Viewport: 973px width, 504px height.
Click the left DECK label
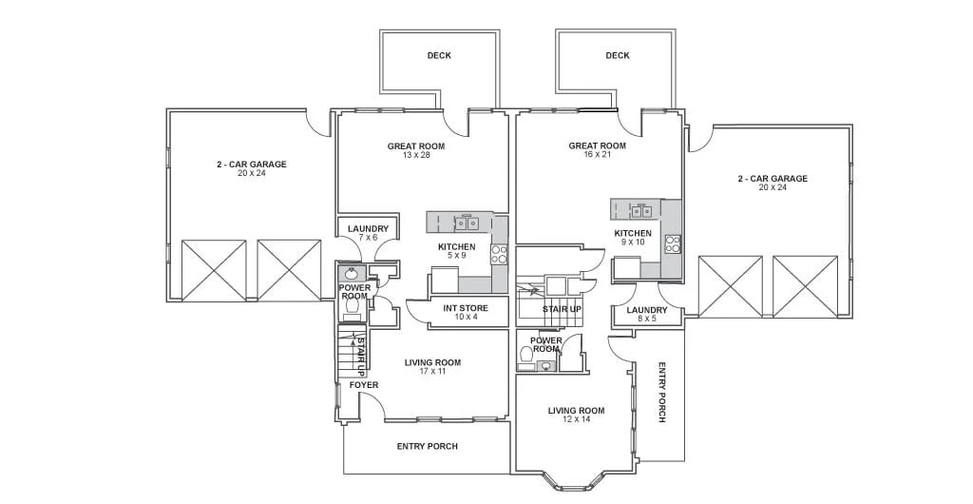pyautogui.click(x=439, y=55)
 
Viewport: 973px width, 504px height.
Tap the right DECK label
pyautogui.click(x=618, y=55)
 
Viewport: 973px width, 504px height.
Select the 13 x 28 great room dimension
pyautogui.click(x=416, y=155)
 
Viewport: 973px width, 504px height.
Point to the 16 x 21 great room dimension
pyautogui.click(x=598, y=155)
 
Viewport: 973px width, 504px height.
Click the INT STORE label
pyautogui.click(x=466, y=308)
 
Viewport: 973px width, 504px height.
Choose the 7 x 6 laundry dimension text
pyautogui.click(x=368, y=237)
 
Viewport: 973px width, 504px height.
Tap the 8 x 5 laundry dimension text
pyautogui.click(x=646, y=319)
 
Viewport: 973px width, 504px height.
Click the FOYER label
pyautogui.click(x=364, y=385)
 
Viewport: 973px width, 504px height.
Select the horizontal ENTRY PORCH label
pyautogui.click(x=428, y=446)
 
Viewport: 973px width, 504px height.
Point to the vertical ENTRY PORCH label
pyautogui.click(x=661, y=393)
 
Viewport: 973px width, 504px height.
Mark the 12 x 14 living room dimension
pyautogui.click(x=577, y=419)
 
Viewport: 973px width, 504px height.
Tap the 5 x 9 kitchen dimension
pyautogui.click(x=457, y=255)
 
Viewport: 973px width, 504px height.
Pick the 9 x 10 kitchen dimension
pyautogui.click(x=632, y=242)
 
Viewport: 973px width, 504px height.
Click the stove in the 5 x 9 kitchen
pyautogui.click(x=500, y=253)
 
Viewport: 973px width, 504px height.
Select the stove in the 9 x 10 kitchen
pyautogui.click(x=674, y=244)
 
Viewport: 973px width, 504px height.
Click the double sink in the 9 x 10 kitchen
pyautogui.click(x=642, y=211)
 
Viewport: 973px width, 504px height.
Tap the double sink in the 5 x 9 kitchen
pyautogui.click(x=467, y=223)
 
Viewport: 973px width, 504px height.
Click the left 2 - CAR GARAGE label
pyautogui.click(x=251, y=165)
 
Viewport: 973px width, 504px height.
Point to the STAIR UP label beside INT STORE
pyautogui.click(x=563, y=308)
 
